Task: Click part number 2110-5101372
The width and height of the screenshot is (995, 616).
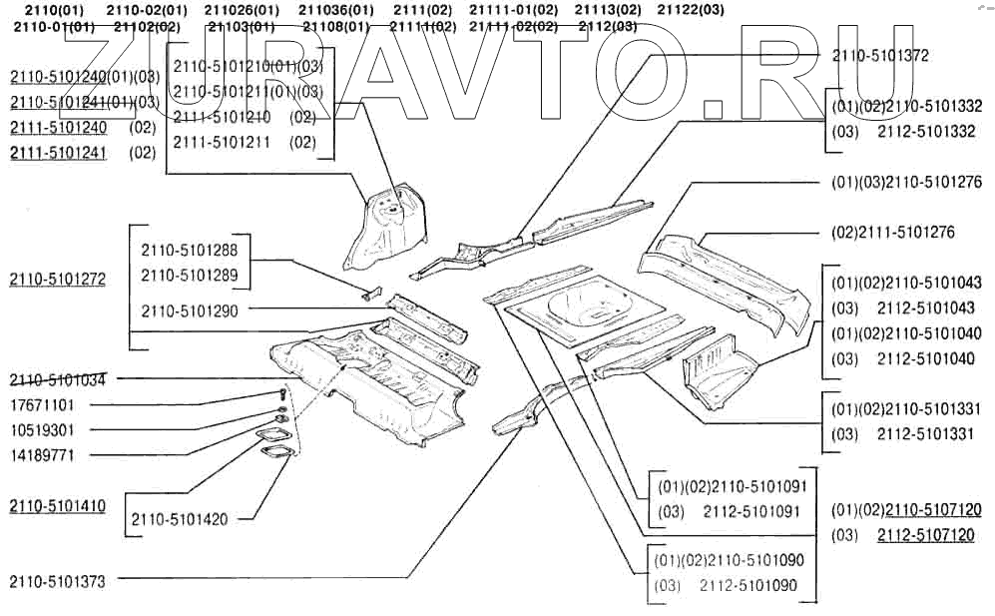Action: point(880,56)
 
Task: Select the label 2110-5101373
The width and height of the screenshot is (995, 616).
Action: point(58,581)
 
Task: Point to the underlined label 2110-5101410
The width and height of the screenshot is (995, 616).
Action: point(58,506)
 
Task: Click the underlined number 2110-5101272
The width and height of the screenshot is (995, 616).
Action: point(58,279)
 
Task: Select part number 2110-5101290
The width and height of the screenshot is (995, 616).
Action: point(190,310)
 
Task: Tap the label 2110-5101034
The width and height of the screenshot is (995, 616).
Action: point(58,379)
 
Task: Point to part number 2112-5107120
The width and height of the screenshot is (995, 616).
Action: point(926,535)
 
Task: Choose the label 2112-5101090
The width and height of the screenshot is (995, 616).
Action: point(748,585)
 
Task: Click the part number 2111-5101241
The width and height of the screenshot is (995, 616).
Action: point(58,153)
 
